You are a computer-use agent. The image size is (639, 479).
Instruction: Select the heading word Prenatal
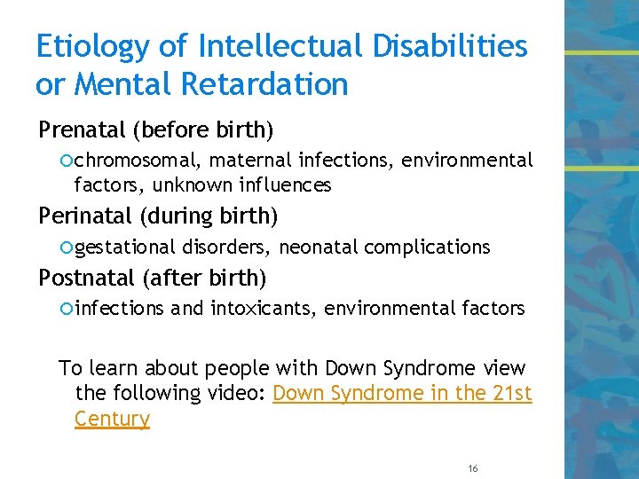point(83,130)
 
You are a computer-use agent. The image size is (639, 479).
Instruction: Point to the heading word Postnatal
point(86,278)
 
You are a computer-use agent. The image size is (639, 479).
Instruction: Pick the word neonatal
point(326,247)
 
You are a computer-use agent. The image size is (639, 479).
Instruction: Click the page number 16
point(471,467)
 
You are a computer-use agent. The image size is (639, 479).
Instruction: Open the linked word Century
point(112,419)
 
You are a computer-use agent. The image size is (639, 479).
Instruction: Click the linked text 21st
point(512,393)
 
